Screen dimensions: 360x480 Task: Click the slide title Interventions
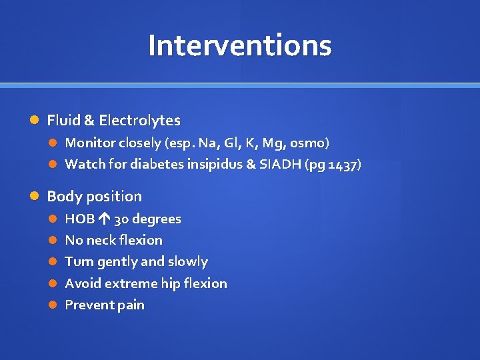pyautogui.click(x=239, y=45)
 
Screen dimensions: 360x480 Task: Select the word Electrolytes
pyautogui.click(x=139, y=121)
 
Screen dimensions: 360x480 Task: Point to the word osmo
pyautogui.click(x=309, y=143)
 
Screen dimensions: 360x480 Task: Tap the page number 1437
pyautogui.click(x=343, y=165)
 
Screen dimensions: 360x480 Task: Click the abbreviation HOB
pyautogui.click(x=79, y=219)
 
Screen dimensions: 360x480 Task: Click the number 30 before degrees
pyautogui.click(x=121, y=219)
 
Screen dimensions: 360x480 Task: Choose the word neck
pyautogui.click(x=100, y=240)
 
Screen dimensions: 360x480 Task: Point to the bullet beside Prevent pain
pyautogui.click(x=53, y=305)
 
